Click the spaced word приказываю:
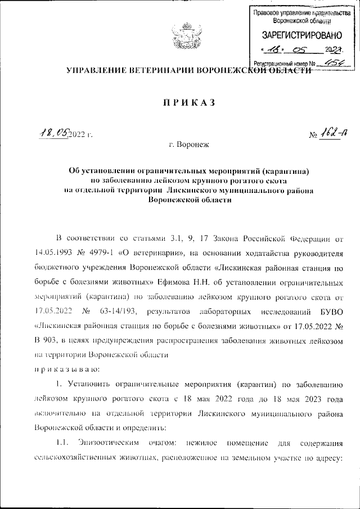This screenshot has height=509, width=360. click(x=67, y=369)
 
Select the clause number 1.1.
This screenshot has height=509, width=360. click(x=61, y=441)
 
